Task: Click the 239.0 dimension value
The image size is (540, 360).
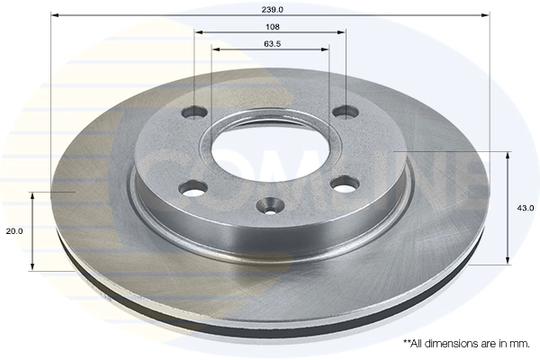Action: (x=272, y=10)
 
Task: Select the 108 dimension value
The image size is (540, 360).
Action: (x=273, y=26)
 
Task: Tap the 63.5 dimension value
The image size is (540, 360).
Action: (x=273, y=44)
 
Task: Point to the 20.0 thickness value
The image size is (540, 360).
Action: (x=14, y=231)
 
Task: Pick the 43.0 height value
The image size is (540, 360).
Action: (x=526, y=208)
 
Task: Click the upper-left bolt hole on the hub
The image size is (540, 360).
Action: (x=194, y=112)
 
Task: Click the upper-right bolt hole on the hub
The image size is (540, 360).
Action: (x=346, y=112)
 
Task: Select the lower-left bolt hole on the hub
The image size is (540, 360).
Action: (x=193, y=188)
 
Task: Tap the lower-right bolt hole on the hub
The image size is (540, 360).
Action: (x=345, y=184)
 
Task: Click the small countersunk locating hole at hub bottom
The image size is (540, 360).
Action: (x=270, y=205)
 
